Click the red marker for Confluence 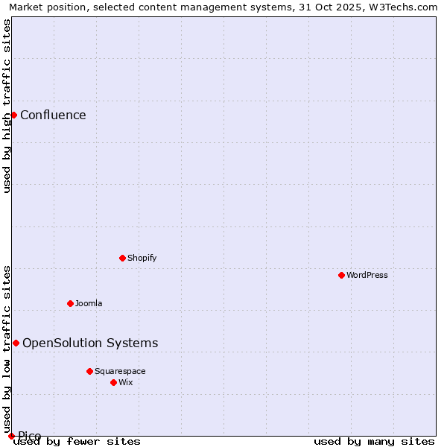[13, 115]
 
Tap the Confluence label [53, 115]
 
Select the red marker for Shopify [123, 258]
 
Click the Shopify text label [142, 258]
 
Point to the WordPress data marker [342, 275]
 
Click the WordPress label [367, 275]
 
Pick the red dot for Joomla [71, 303]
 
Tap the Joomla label [89, 303]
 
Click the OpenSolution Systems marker [16, 343]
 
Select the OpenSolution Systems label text [90, 343]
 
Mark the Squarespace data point [89, 371]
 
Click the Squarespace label [120, 371]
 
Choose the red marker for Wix [113, 382]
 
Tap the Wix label [126, 382]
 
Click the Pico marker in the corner [11, 436]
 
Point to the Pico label [30, 436]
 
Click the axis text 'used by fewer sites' [77, 441]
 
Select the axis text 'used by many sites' [374, 441]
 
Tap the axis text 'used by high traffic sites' [7, 106]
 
